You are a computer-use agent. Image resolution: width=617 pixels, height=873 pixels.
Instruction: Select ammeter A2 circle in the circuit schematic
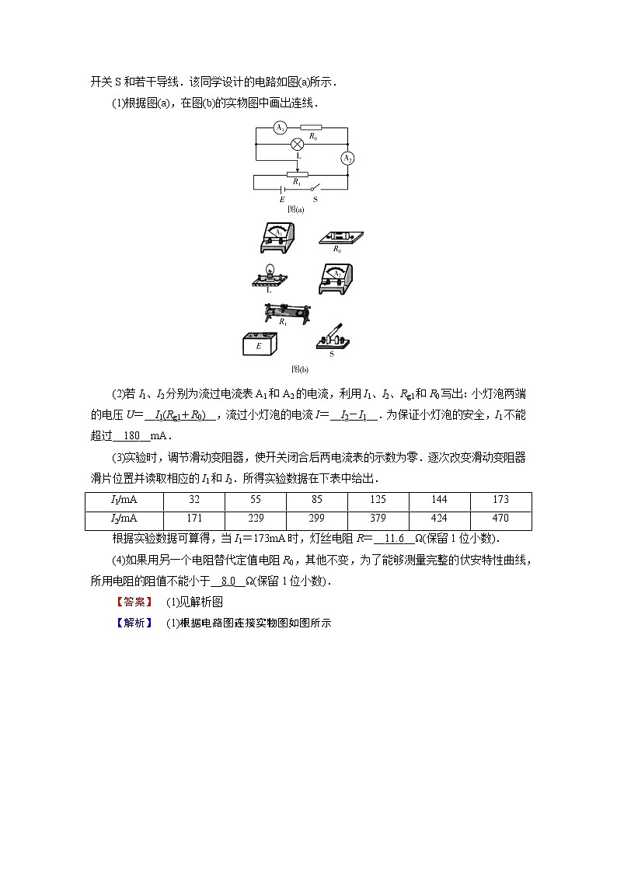(347, 159)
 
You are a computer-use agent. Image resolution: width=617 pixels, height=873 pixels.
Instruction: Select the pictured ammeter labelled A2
(336, 280)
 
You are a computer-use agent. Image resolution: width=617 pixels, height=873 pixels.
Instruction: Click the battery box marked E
(260, 344)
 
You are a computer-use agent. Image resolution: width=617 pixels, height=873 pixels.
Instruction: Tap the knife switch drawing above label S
(333, 337)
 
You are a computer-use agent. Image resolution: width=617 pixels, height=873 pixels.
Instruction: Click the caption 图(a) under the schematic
(295, 209)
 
